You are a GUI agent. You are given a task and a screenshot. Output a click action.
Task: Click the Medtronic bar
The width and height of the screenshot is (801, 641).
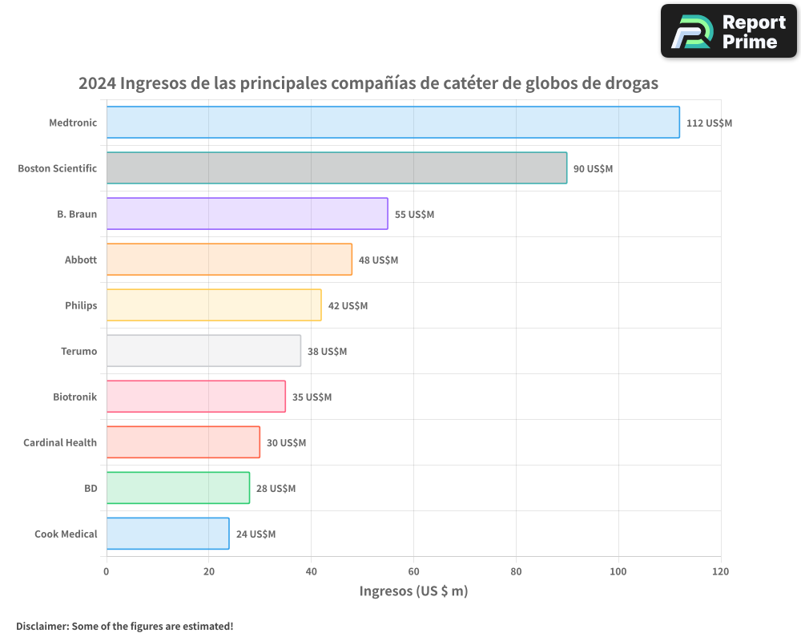[392, 123]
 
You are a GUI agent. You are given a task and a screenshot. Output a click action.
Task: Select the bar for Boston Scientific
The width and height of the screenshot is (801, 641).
[336, 168]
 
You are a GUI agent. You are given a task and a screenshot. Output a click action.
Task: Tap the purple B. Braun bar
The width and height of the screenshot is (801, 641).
[247, 214]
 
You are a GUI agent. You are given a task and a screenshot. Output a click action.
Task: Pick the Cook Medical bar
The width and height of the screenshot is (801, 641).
[167, 534]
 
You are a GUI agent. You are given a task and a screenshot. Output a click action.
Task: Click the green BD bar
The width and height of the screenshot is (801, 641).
[178, 488]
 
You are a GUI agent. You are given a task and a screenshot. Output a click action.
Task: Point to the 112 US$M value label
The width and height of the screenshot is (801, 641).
[709, 123]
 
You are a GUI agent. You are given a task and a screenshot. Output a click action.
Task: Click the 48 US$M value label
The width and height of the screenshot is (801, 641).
[378, 260]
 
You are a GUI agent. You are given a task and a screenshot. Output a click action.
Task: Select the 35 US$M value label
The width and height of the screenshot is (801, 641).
[312, 397]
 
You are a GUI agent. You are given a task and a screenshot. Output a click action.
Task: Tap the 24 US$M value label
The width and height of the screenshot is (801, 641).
[256, 534]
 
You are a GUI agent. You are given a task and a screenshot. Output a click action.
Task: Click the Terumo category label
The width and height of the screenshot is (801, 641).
[78, 351]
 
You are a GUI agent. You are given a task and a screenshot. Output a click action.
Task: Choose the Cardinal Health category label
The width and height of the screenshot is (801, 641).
[60, 442]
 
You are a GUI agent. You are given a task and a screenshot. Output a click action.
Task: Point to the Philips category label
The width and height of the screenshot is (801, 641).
[81, 305]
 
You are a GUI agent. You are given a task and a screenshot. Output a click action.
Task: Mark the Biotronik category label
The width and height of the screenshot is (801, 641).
[74, 397]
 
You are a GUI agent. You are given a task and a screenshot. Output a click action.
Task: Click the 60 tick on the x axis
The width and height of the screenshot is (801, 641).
[413, 571]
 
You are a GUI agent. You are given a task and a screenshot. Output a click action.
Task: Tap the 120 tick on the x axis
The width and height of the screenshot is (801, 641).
[720, 571]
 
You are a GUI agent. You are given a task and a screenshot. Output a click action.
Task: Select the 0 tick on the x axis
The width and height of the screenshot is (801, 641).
[107, 571]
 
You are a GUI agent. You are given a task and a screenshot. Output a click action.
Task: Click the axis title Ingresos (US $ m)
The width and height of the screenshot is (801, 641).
[413, 591]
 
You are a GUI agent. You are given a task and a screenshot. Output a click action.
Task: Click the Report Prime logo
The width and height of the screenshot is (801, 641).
[729, 31]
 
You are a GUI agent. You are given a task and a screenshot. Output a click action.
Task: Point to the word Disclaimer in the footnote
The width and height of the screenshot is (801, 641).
[42, 626]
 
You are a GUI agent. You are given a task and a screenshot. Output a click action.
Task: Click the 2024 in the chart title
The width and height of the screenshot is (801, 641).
[97, 83]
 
